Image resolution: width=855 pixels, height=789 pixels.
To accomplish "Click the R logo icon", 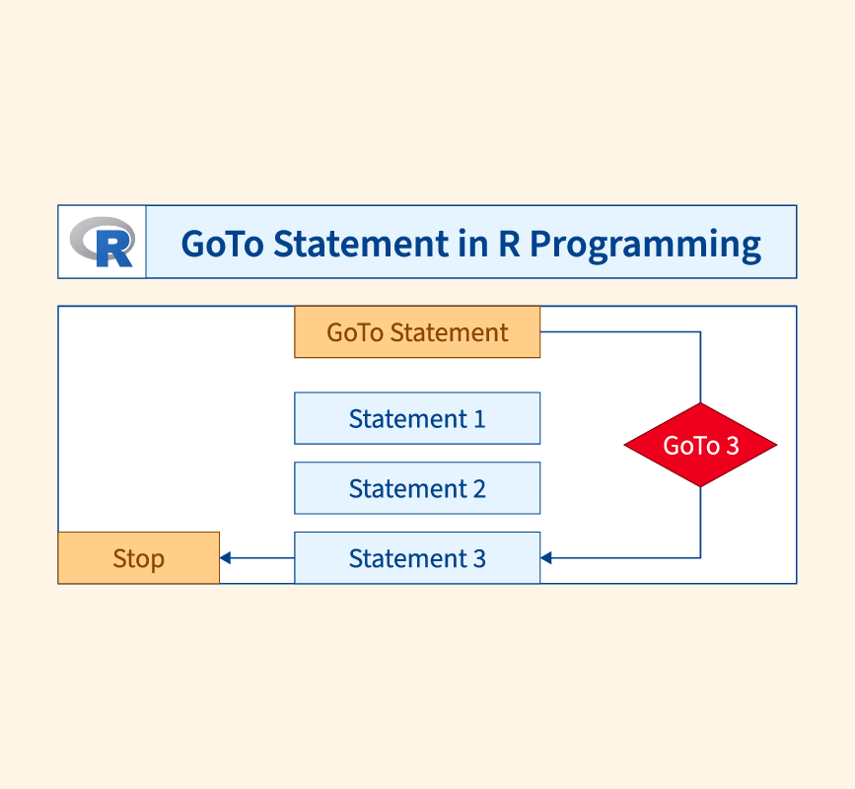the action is pos(102,242).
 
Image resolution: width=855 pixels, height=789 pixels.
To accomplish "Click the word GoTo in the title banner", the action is pos(223,244).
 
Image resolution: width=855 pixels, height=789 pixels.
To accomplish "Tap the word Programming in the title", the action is pos(645,245).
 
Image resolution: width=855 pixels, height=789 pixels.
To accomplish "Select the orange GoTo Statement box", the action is pos(417,332).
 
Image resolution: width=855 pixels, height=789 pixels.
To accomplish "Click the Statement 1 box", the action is pos(417,418).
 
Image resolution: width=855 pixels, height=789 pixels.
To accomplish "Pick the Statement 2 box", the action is pos(417,488).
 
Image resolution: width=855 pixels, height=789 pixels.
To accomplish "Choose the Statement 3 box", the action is pos(417,558).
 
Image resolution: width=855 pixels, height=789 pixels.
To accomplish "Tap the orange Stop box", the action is pos(138,558).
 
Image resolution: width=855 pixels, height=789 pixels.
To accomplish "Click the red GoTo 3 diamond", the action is pos(700,445).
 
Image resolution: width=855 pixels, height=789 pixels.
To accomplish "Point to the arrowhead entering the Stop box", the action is pos(225,558).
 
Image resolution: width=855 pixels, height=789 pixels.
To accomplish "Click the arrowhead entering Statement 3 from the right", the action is pos(545,558).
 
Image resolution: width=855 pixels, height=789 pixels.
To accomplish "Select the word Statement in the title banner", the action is pos(361,244).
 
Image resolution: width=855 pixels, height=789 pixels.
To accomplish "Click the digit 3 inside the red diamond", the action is pos(733,446).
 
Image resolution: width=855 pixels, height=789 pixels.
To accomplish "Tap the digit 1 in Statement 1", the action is pos(479,419).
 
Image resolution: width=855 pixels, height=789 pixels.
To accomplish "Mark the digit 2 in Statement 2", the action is pos(479,489).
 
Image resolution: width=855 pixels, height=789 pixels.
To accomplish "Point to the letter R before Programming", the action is pos(509,244).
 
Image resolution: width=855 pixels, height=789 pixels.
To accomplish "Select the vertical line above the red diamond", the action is pos(700,367).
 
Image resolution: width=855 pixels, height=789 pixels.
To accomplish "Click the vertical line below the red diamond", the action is pos(700,523).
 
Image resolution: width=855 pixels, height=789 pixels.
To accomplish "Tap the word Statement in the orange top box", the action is pos(450,332).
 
